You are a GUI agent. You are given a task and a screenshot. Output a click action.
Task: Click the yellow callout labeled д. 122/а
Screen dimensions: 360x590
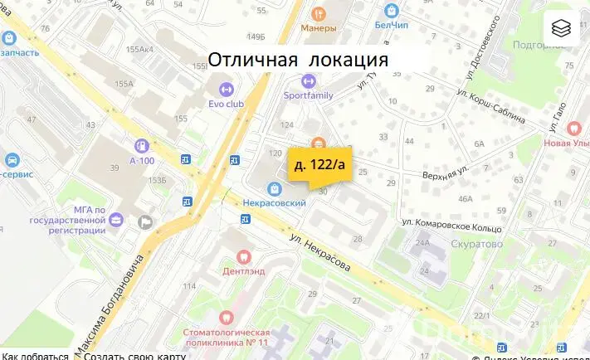pos(319,165)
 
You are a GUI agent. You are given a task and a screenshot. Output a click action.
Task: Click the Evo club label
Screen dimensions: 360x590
pos(226,104)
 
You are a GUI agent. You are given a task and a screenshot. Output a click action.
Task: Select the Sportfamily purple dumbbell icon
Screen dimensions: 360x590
pos(309,81)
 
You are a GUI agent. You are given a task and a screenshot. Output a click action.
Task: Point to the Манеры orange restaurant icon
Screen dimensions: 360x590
pos(319,13)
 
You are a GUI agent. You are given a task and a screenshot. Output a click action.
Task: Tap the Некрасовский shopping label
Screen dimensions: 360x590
pos(275,202)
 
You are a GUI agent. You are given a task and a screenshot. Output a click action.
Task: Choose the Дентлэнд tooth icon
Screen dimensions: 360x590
pos(243,255)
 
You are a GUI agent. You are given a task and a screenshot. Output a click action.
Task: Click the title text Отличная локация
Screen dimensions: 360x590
pos(298,60)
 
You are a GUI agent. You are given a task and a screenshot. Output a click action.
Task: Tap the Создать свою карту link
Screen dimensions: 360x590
pos(134,356)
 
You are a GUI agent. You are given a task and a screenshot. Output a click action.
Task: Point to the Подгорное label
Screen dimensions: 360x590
pos(539,46)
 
